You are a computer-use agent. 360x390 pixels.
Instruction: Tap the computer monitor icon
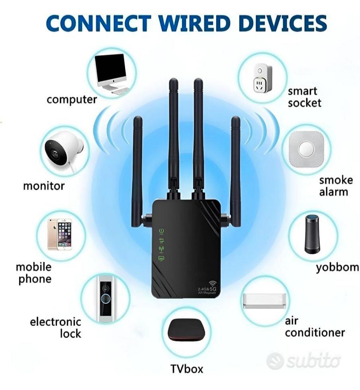[x=111, y=72]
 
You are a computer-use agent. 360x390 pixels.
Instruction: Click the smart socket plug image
[x=263, y=78]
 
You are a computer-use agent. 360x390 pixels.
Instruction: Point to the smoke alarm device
[x=306, y=149]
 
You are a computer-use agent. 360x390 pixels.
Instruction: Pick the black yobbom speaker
[x=312, y=234]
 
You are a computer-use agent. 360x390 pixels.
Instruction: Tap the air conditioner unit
[x=264, y=301]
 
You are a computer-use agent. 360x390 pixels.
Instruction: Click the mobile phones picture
[x=60, y=234]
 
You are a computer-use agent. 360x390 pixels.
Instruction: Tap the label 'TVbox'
[x=187, y=368]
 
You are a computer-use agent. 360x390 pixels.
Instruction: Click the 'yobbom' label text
[x=337, y=268]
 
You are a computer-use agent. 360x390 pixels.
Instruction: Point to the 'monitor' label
[x=44, y=186]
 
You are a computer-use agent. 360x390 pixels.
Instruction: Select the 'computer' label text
[x=72, y=100]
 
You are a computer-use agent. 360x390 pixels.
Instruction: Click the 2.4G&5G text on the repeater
[x=207, y=289]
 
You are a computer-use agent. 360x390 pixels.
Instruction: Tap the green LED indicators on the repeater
[x=162, y=245]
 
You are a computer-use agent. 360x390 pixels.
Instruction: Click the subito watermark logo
[x=303, y=360]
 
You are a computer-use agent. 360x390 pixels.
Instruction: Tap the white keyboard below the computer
[x=121, y=91]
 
